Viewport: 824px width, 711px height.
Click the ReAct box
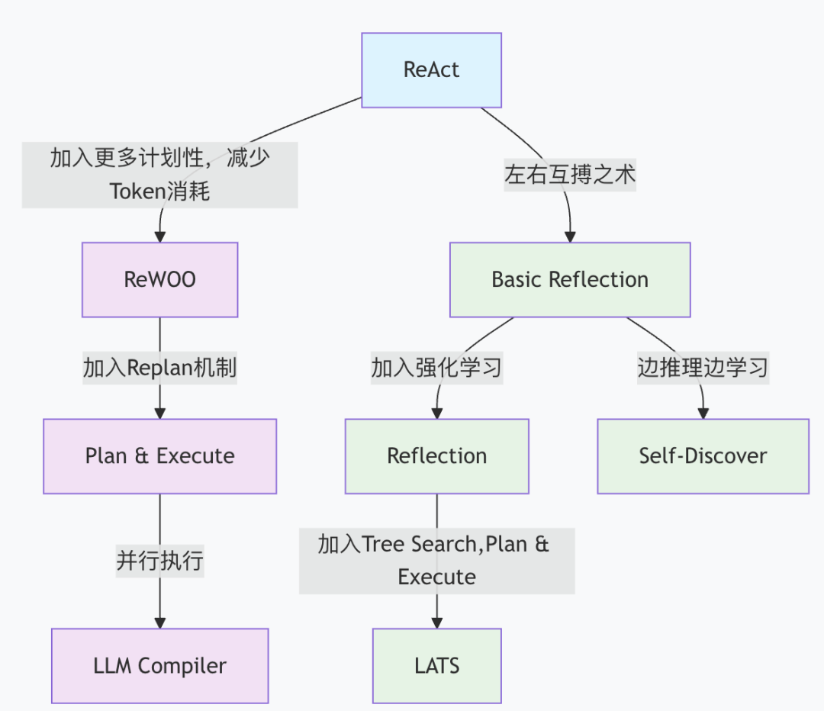(x=431, y=70)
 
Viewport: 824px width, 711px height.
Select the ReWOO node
(x=159, y=279)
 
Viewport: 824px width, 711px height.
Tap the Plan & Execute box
(x=159, y=456)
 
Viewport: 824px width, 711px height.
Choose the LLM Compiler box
(x=159, y=666)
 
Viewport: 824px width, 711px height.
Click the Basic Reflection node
(x=570, y=279)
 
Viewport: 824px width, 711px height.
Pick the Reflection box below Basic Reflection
(x=436, y=456)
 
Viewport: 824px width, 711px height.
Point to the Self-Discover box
(x=703, y=456)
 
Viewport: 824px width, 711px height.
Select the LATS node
(x=436, y=666)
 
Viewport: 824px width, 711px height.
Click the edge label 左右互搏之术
(x=570, y=175)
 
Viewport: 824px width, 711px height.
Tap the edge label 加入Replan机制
(x=159, y=368)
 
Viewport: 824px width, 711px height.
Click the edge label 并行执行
(x=159, y=561)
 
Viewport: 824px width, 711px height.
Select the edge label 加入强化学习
(x=436, y=368)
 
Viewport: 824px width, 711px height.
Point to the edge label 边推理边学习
(x=703, y=368)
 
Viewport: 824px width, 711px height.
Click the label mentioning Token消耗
(x=159, y=175)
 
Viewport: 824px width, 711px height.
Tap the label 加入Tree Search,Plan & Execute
(x=436, y=561)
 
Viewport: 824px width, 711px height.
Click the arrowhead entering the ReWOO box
(x=159, y=236)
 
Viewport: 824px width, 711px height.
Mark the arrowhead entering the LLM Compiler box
(x=159, y=623)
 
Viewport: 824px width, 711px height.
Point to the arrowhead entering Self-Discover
(x=703, y=413)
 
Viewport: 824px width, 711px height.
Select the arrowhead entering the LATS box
(x=436, y=623)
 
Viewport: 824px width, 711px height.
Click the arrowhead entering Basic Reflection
(x=570, y=236)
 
